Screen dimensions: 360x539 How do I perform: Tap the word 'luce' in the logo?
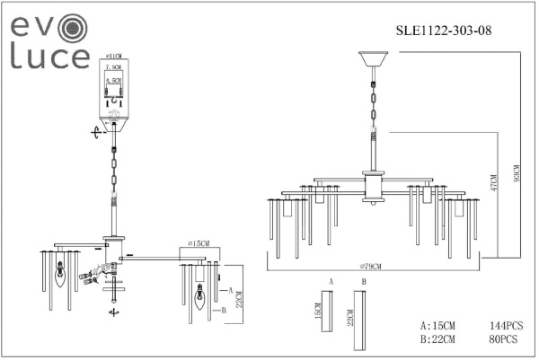49,57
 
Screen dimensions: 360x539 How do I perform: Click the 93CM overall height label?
517,170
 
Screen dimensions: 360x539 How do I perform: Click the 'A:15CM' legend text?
437,325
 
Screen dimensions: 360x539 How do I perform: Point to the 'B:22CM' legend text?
437,338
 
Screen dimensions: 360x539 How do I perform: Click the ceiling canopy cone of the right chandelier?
371,63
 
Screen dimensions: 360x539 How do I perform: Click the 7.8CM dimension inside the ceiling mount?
113,67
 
